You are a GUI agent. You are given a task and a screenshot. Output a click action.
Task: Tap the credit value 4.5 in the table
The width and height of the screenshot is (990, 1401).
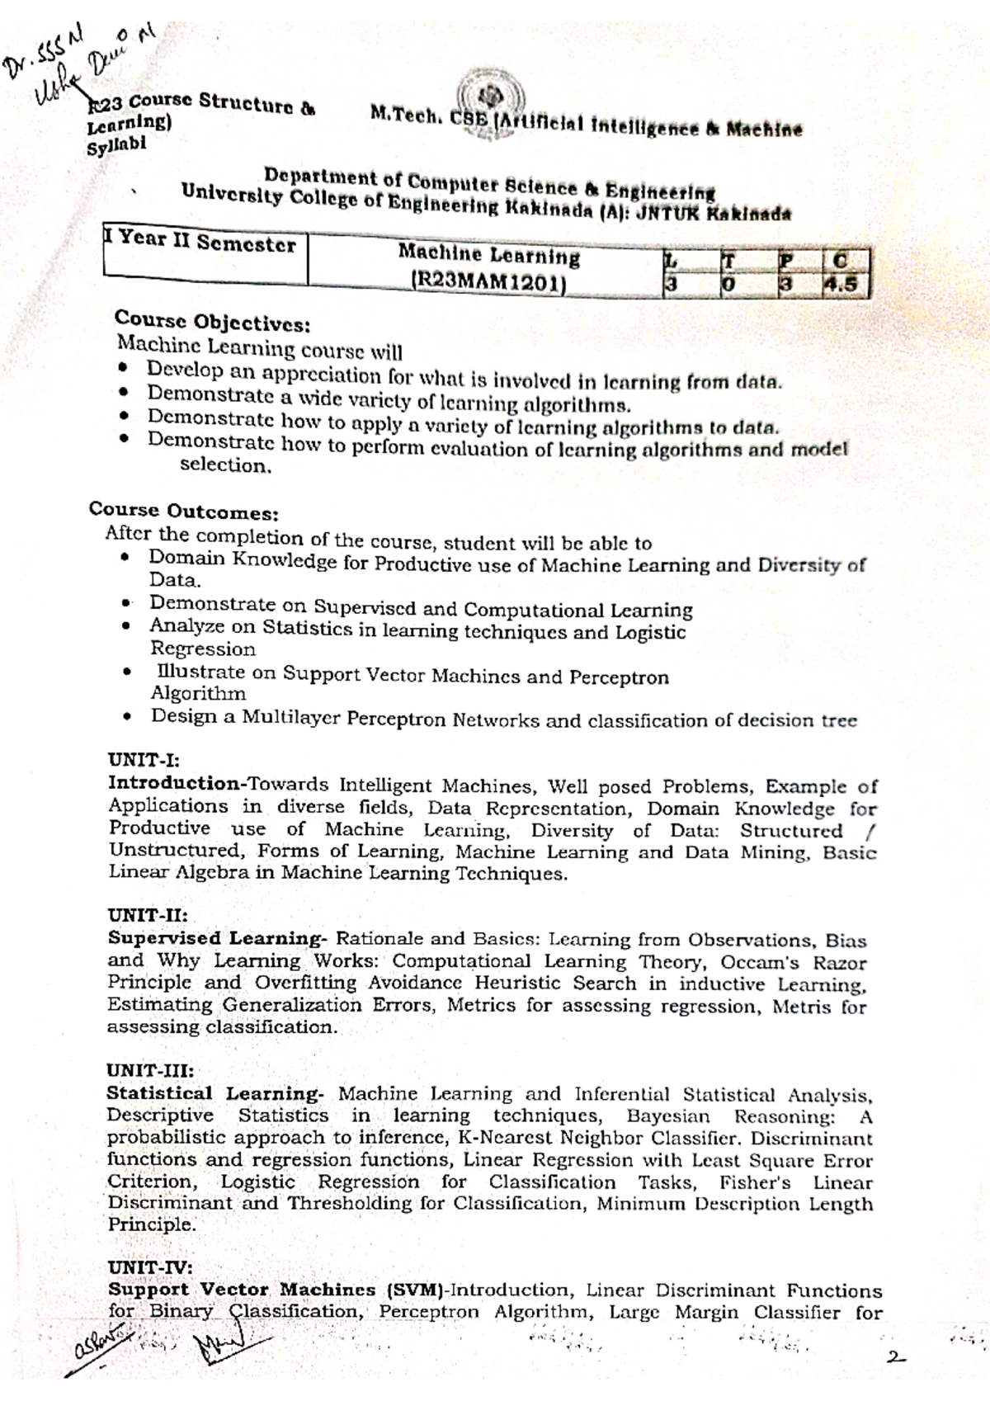tap(845, 285)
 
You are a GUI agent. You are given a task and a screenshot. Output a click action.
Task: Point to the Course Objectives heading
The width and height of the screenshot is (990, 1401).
tap(212, 320)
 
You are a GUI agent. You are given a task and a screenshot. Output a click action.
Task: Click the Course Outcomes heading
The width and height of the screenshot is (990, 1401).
tap(183, 512)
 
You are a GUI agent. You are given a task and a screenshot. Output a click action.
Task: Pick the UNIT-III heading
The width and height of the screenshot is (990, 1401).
tap(150, 1070)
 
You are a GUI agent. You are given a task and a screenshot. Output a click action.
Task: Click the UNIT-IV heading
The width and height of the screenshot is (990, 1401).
tap(149, 1267)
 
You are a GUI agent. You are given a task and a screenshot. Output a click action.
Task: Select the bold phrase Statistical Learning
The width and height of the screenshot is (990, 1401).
tap(215, 1093)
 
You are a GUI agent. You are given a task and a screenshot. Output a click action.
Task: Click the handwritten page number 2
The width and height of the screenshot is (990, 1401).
tap(895, 1356)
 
